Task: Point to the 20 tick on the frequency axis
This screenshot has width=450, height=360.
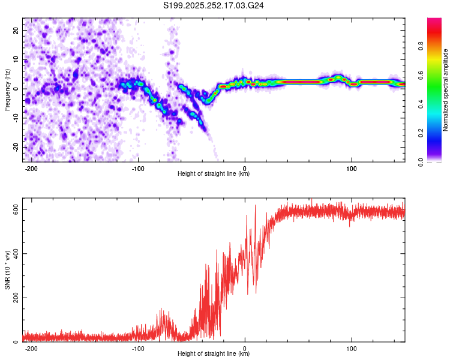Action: click(17, 30)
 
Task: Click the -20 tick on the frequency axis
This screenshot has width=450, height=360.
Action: click(16, 147)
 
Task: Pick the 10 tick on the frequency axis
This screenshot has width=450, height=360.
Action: click(17, 59)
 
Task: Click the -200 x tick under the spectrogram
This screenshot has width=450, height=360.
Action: click(32, 167)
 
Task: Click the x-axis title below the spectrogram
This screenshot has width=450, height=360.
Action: click(214, 174)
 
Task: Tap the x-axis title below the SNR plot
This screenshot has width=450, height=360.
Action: click(214, 355)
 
